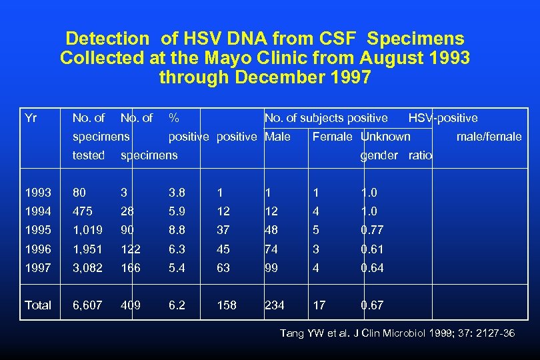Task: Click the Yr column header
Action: click(x=30, y=118)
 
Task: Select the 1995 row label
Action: click(x=37, y=230)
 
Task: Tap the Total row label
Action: click(x=37, y=305)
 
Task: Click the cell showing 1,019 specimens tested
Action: click(x=89, y=230)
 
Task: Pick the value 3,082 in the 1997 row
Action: click(x=89, y=267)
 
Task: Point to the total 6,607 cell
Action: click(x=89, y=305)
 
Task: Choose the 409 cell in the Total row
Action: click(x=131, y=305)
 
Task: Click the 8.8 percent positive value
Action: click(x=177, y=230)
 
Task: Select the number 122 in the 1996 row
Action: click(x=131, y=249)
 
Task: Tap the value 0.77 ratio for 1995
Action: click(x=372, y=230)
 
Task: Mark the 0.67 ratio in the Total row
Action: click(x=372, y=305)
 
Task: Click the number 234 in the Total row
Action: click(x=275, y=305)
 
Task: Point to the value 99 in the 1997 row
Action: click(x=271, y=267)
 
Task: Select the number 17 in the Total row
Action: click(x=319, y=305)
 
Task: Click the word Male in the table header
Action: click(x=277, y=137)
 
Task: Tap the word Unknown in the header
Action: click(x=385, y=137)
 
